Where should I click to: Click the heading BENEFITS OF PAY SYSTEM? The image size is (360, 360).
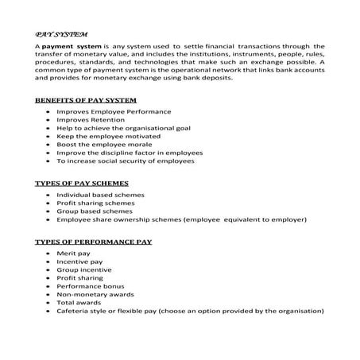[86, 100]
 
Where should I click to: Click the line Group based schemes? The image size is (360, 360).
[95, 212]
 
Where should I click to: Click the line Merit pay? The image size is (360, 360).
[74, 252]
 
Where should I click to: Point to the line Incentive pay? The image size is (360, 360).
[79, 261]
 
